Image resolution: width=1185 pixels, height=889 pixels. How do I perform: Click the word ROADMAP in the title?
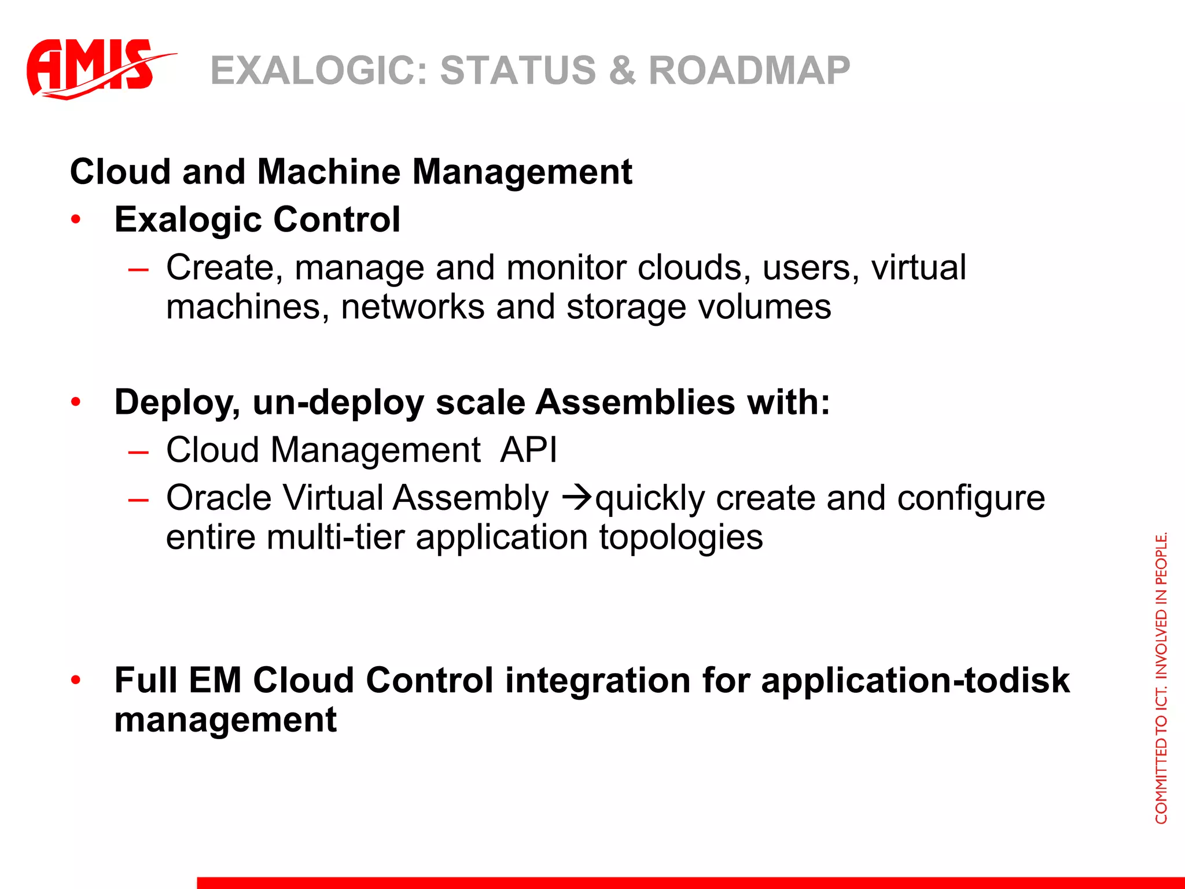(x=749, y=71)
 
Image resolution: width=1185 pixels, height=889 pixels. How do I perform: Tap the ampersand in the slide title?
(x=621, y=71)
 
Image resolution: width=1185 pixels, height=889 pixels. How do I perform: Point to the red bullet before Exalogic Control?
(x=76, y=220)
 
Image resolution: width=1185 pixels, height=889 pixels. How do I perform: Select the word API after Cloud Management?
(x=528, y=450)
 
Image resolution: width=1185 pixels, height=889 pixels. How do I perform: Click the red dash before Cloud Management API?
(x=139, y=451)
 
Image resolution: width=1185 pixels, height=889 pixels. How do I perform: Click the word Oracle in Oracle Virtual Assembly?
(x=218, y=498)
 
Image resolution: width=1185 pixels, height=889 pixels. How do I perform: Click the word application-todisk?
(x=915, y=680)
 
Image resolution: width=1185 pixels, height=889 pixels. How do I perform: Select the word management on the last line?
(x=225, y=719)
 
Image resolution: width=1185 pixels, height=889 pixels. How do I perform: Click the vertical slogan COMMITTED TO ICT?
(x=1161, y=677)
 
